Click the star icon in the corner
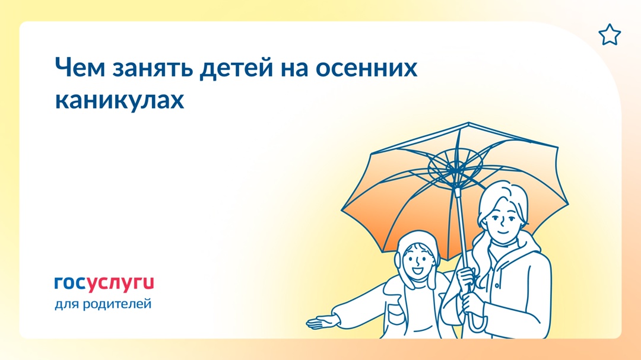[x=609, y=36]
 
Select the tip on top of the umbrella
[x=468, y=125]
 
